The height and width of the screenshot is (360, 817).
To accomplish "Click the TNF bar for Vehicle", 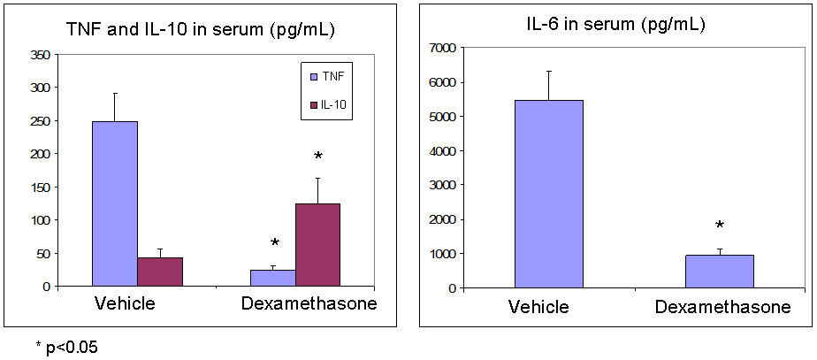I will tap(115, 203).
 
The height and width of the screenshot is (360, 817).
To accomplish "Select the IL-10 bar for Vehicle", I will tap(160, 272).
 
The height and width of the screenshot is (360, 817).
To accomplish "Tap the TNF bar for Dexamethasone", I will tap(273, 278).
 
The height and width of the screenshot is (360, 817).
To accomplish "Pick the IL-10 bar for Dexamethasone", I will tap(317, 244).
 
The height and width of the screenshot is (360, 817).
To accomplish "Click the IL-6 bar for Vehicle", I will tap(548, 194).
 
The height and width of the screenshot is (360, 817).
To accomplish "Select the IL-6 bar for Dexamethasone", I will tap(719, 272).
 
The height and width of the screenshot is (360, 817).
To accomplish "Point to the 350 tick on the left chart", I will tap(40, 54).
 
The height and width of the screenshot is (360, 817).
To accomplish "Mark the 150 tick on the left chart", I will tap(40, 187).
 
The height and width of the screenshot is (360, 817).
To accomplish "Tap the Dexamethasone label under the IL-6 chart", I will tap(722, 308).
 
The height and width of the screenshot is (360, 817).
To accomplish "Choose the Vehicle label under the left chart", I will tap(126, 304).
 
